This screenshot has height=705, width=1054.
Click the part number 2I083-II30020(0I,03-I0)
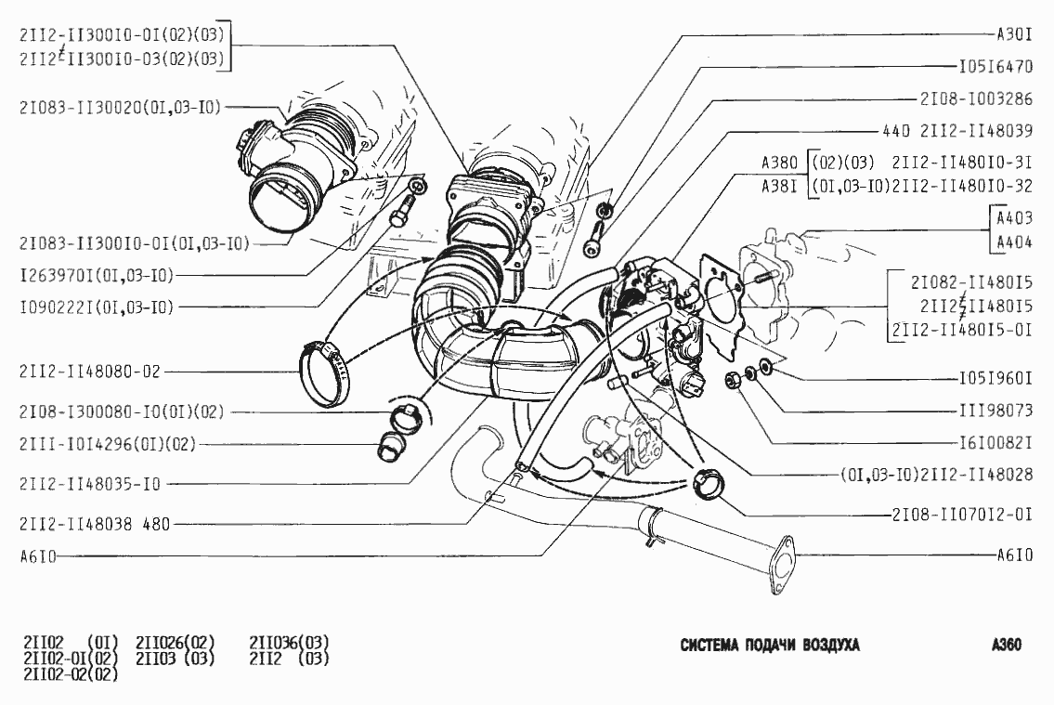click(120, 108)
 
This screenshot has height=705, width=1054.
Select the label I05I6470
click(995, 67)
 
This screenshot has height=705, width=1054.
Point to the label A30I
click(1014, 35)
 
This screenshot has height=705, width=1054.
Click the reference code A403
click(1014, 220)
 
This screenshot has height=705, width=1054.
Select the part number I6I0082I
click(995, 441)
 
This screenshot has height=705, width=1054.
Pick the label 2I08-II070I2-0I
click(962, 514)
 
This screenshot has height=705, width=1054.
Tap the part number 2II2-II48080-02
click(90, 372)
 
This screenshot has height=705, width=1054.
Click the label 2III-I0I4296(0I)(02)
click(108, 443)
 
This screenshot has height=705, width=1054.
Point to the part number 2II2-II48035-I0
click(90, 484)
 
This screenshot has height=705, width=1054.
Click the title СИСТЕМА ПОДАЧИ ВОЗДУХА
click(770, 646)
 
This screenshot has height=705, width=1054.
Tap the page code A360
click(1006, 646)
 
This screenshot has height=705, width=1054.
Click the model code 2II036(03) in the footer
click(289, 642)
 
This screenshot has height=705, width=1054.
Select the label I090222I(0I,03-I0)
click(97, 306)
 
